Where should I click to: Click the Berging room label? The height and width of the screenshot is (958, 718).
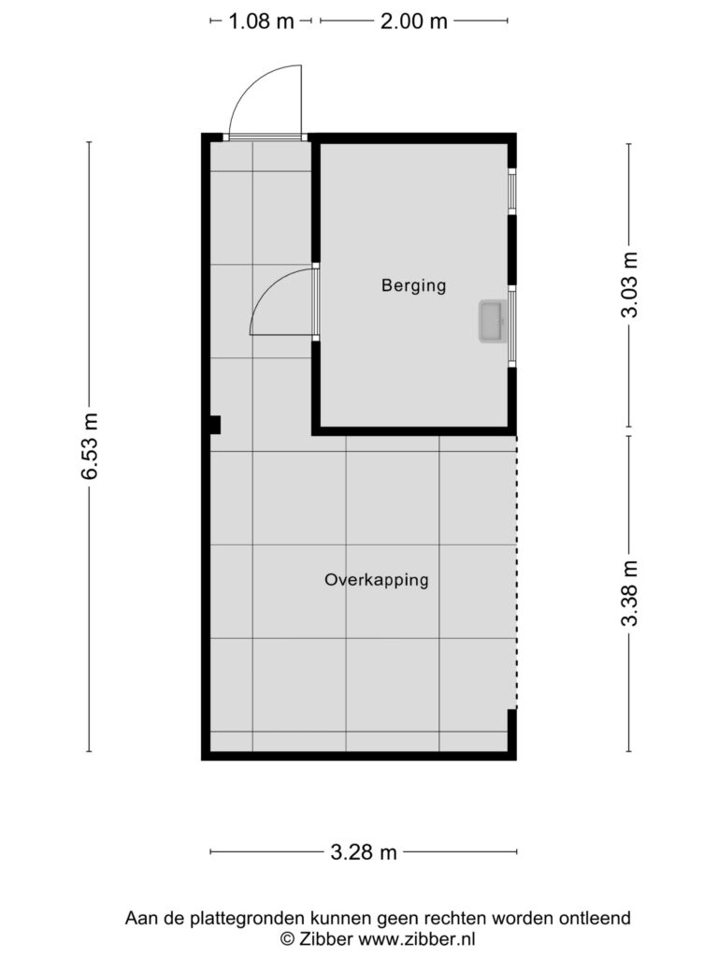coord(413,285)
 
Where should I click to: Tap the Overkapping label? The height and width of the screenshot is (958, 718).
coord(376,580)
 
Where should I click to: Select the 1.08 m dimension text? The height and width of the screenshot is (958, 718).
coord(261,22)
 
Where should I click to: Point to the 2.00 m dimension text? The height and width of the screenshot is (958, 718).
coord(413,22)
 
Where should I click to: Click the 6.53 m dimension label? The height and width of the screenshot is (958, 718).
coord(91,446)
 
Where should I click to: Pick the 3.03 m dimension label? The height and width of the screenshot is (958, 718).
coord(629,284)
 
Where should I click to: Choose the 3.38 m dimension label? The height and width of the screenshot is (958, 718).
coord(629,593)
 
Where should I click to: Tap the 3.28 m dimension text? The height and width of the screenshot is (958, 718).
coord(364,851)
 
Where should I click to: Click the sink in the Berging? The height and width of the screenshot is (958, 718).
coord(492,322)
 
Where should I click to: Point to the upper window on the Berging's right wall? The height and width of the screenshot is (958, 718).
coord(512,191)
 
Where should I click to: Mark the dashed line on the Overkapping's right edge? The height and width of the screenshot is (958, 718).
coord(516,573)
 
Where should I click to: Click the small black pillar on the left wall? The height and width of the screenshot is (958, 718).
coord(214,424)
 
